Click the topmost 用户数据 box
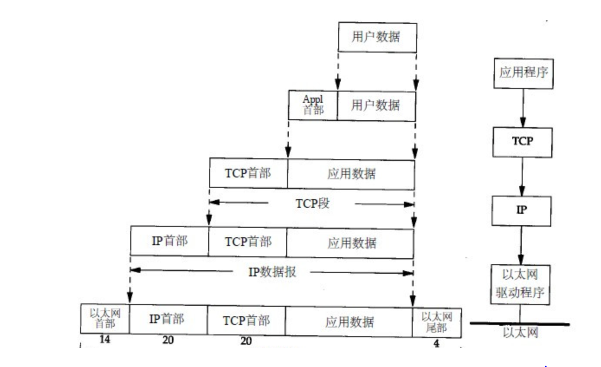(x=377, y=38)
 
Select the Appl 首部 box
(x=313, y=105)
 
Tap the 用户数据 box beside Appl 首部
(x=376, y=105)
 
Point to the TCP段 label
(x=312, y=203)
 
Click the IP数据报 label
(x=272, y=272)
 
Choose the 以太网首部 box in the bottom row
(x=105, y=318)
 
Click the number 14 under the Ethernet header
(x=105, y=340)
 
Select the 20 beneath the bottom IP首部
(x=168, y=341)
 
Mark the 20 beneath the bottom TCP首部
(x=246, y=341)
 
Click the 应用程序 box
(x=523, y=73)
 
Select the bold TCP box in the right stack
(x=522, y=142)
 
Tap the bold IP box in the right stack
(x=521, y=210)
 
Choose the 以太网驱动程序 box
(x=520, y=284)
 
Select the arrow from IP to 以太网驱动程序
(x=521, y=245)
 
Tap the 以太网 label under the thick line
(x=520, y=333)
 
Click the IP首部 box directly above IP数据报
(x=169, y=241)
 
